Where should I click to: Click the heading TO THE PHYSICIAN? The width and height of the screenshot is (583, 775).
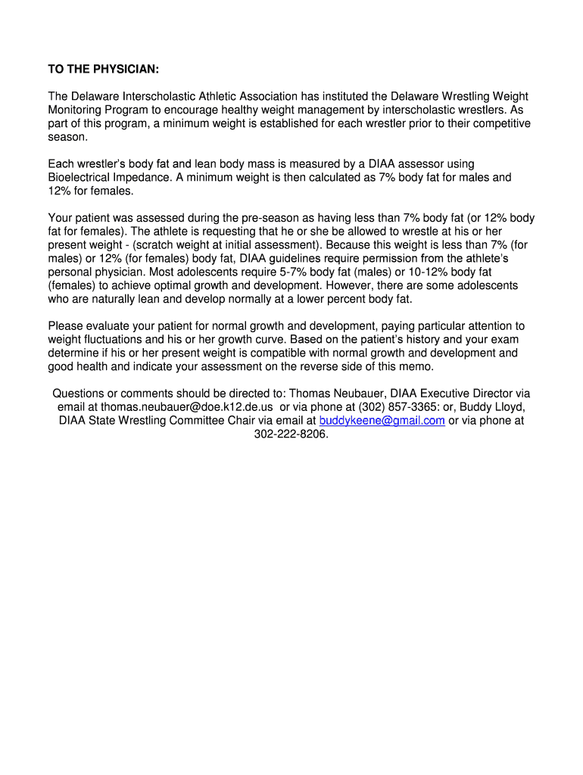[x=104, y=70]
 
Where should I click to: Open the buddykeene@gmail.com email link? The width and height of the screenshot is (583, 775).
[x=382, y=421]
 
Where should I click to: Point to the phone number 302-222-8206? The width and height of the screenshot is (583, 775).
[x=291, y=434]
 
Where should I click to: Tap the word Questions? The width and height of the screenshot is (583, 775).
[x=78, y=394]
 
